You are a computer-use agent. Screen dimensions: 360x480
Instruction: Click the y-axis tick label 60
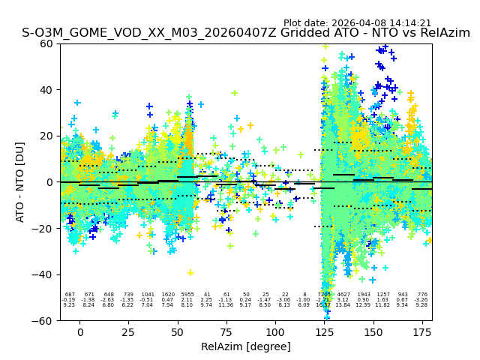[46, 43]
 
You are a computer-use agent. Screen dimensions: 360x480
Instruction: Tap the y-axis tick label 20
[46, 136]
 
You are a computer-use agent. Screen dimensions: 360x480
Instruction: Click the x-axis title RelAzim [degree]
[245, 346]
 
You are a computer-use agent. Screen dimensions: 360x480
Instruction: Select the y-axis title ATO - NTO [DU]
[20, 182]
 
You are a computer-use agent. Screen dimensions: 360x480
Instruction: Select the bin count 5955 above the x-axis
[187, 295]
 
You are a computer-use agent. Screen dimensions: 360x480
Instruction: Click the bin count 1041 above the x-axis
[148, 295]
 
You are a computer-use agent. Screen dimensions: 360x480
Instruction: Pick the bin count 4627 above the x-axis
[343, 295]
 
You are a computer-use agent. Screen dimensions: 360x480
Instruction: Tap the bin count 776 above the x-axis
[422, 295]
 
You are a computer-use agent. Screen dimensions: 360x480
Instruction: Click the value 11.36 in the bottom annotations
[226, 305]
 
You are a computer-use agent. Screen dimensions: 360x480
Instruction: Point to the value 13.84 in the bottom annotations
[343, 305]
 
